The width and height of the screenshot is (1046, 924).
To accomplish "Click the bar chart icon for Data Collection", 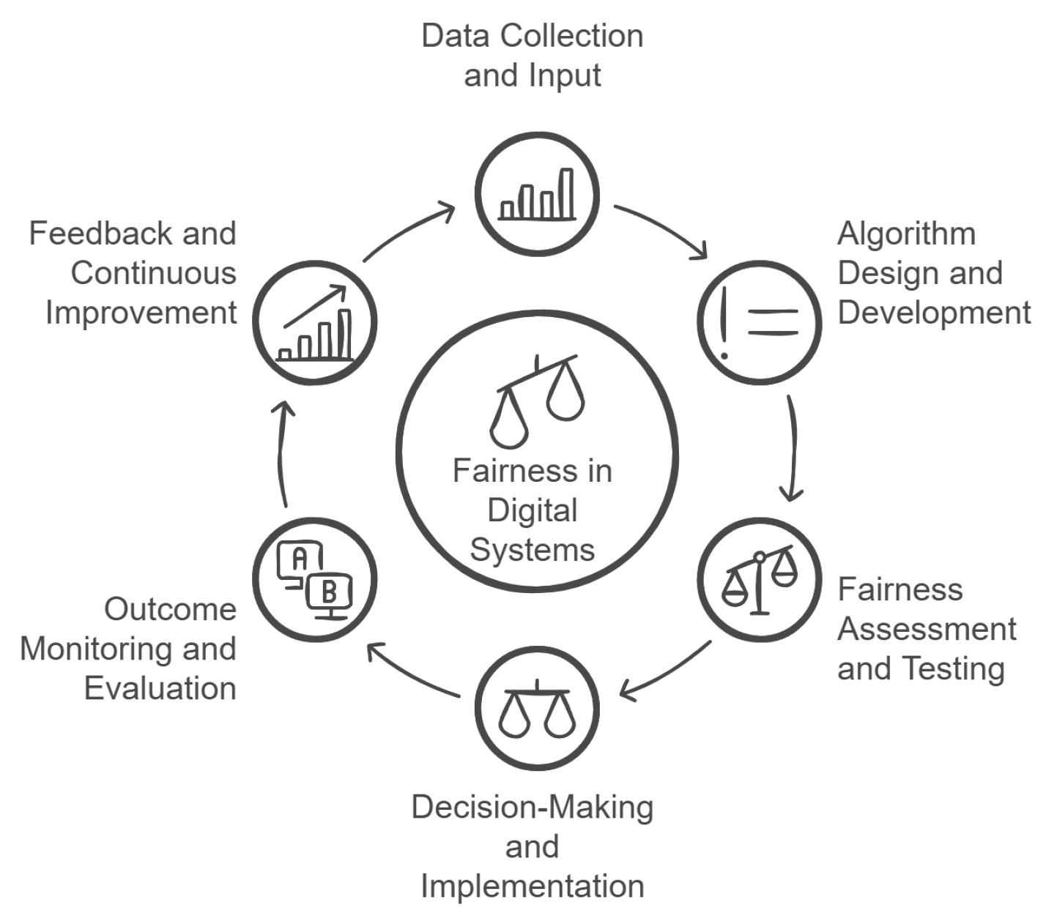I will tap(537, 195).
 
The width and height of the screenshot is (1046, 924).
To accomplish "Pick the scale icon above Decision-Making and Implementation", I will tap(537, 709).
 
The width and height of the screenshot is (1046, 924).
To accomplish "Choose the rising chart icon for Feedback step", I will tap(315, 323).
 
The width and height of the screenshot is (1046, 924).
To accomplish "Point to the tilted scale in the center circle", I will tap(537, 399).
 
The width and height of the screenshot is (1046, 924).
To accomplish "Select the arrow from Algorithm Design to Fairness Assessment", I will tap(792, 448).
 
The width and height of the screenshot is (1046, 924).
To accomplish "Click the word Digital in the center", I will tap(533, 510).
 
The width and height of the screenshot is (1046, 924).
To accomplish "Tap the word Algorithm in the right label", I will tap(906, 234).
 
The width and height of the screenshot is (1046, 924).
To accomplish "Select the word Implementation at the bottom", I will tap(533, 886).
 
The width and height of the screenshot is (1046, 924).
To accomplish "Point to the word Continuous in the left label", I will tap(154, 274).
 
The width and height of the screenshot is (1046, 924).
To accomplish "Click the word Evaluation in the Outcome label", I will tap(160, 688).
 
